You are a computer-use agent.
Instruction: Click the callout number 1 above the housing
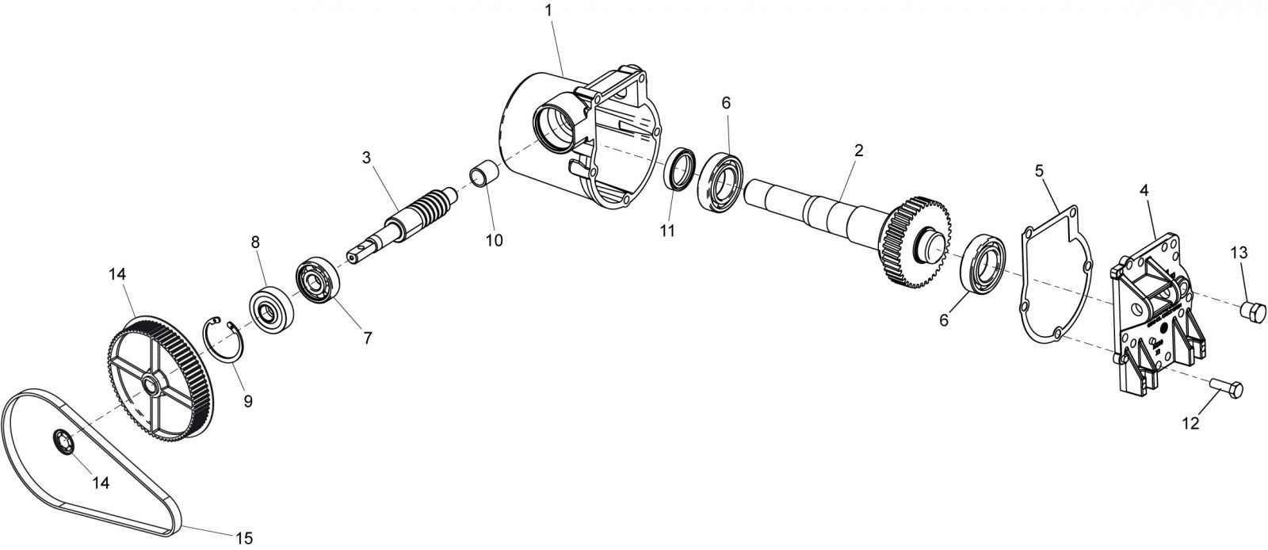pyautogui.click(x=548, y=10)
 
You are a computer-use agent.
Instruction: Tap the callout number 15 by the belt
pyautogui.click(x=244, y=537)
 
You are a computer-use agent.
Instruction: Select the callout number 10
pyautogui.click(x=495, y=240)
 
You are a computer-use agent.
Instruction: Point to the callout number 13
pyautogui.click(x=1239, y=253)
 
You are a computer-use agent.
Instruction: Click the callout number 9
pyautogui.click(x=248, y=401)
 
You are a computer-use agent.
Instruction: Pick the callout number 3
pyautogui.click(x=366, y=157)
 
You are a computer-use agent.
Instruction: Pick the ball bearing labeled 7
pyautogui.click(x=319, y=281)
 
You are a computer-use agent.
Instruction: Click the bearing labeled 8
pyautogui.click(x=272, y=310)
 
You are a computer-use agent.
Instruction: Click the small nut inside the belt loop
pyautogui.click(x=63, y=441)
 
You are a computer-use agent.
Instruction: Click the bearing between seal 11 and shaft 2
pyautogui.click(x=720, y=182)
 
